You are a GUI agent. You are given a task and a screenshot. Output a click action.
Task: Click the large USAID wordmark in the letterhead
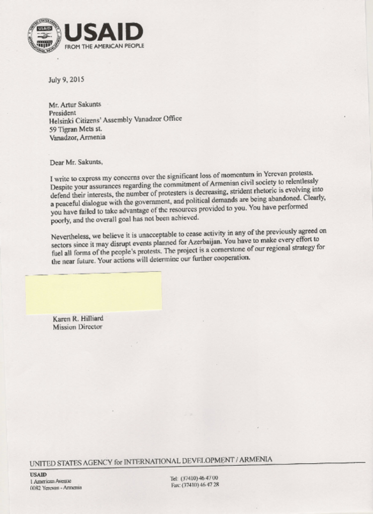pyautogui.click(x=104, y=33)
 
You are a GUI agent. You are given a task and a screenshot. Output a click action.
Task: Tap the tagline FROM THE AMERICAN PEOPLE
pyautogui.click(x=105, y=46)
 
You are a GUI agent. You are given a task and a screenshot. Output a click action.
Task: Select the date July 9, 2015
pyautogui.click(x=66, y=79)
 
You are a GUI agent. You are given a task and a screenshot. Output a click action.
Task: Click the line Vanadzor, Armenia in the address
pyautogui.click(x=77, y=138)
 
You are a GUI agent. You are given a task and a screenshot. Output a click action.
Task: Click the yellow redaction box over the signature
pyautogui.click(x=94, y=293)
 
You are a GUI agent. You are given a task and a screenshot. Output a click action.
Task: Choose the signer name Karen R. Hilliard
pyautogui.click(x=78, y=319)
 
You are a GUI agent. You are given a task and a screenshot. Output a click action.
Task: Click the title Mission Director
pyautogui.click(x=77, y=327)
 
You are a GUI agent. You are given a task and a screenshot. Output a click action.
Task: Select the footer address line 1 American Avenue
pyautogui.click(x=50, y=481)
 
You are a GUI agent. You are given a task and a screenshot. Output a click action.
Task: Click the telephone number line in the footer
pyautogui.click(x=194, y=478)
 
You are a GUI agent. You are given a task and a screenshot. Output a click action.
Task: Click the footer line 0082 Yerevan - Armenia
pyautogui.click(x=56, y=487)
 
